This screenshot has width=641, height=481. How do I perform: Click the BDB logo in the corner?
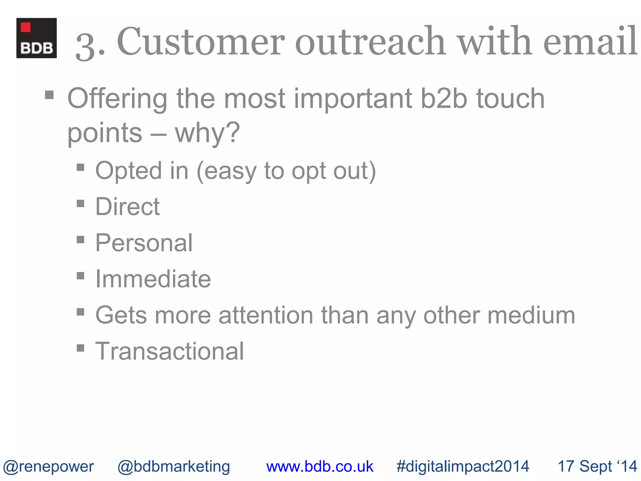point(37,38)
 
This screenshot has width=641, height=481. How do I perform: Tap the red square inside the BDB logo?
point(26,27)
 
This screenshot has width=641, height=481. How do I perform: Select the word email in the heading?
point(590,42)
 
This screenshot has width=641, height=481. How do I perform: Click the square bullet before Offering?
point(49,95)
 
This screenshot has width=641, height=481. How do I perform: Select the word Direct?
point(127,207)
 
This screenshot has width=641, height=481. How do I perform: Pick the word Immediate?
point(153,279)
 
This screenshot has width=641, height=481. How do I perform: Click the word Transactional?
point(169,351)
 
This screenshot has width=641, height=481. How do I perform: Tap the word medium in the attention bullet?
point(531,315)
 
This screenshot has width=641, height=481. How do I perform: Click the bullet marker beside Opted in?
point(80,168)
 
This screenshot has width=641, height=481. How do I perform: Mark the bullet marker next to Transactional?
point(80,348)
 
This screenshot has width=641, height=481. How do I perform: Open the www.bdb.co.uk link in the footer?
point(320,466)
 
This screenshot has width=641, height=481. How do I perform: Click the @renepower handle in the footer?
point(49,466)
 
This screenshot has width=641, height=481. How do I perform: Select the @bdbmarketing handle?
point(174,466)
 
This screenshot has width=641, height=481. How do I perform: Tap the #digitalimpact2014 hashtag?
point(463,466)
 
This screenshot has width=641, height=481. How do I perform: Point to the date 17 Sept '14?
point(597,466)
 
